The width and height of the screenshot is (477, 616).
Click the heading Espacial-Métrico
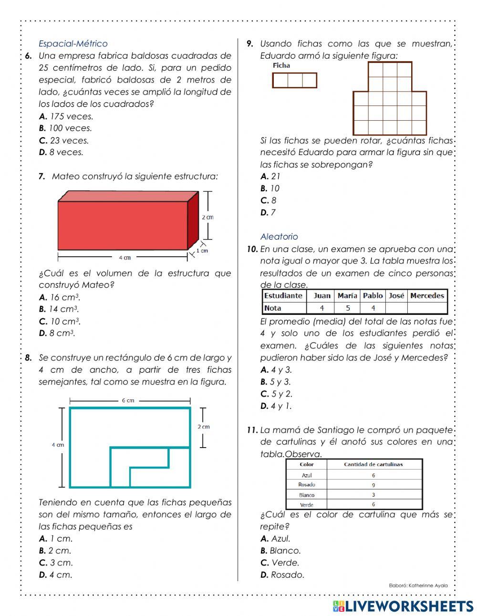pyautogui.click(x=73, y=43)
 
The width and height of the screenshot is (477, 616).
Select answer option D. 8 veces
pyautogui.click(x=61, y=152)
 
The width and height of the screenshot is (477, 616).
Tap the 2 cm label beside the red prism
pyautogui.click(x=207, y=217)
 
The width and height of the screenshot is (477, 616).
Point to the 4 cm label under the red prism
pyautogui.click(x=124, y=258)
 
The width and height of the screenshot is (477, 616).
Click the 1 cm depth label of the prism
pyautogui.click(x=202, y=251)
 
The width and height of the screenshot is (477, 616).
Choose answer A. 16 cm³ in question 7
pyautogui.click(x=60, y=297)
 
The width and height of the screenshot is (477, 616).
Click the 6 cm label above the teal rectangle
pyautogui.click(x=128, y=401)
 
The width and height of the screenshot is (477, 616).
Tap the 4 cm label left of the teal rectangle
pyautogui.click(x=58, y=445)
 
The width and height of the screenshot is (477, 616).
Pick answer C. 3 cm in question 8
pyautogui.click(x=56, y=563)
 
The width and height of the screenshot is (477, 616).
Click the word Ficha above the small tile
pyautogui.click(x=281, y=66)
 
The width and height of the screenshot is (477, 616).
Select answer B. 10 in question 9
pyautogui.click(x=270, y=188)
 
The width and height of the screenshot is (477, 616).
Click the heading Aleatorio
pyautogui.click(x=279, y=237)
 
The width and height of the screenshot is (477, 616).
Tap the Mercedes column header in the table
pyautogui.click(x=427, y=296)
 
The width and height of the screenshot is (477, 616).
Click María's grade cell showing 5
pyautogui.click(x=347, y=308)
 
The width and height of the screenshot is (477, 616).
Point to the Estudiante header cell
pyautogui.click(x=283, y=296)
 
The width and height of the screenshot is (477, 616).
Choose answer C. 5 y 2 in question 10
pyautogui.click(x=276, y=394)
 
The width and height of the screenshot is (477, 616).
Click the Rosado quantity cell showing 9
pyautogui.click(x=373, y=485)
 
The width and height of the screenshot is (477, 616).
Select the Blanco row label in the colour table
pyautogui.click(x=307, y=495)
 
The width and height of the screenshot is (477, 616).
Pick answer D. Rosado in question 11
pyautogui.click(x=282, y=575)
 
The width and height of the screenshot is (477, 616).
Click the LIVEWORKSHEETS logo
pyautogui.click(x=403, y=606)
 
